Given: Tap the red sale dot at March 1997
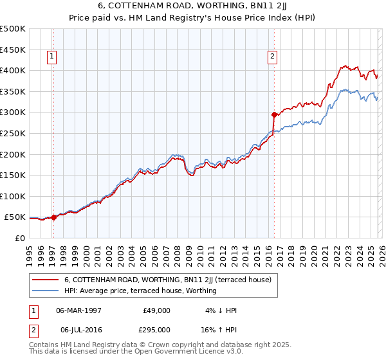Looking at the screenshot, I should tap(53, 217).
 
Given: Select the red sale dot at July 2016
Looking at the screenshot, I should tap(274, 114).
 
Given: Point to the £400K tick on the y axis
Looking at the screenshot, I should tap(13, 70).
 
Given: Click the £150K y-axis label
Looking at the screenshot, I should tap(13, 175).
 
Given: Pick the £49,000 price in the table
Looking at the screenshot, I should tap(156, 310).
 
